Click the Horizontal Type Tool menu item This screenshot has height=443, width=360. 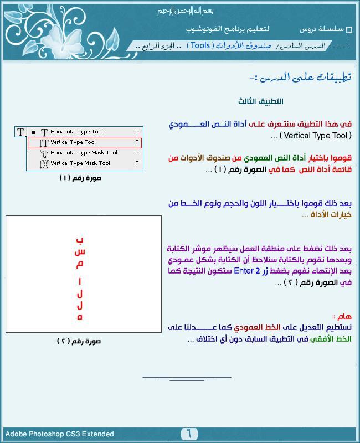[76, 132]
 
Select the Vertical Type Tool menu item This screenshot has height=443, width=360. [73, 142]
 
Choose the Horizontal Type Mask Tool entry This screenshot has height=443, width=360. [84, 153]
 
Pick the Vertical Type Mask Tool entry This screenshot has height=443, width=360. [80, 163]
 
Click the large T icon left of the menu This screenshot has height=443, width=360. [20, 132]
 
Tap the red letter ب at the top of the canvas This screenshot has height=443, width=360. [80, 240]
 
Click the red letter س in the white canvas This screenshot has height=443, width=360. [80, 253]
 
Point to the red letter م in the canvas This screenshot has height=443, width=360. [80, 265]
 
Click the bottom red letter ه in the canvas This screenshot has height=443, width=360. [80, 317]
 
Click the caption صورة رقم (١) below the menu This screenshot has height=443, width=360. [80, 178]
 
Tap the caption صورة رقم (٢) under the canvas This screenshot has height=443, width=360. [79, 341]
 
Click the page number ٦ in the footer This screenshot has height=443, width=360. [188, 434]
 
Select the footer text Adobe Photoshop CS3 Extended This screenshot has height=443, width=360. [60, 434]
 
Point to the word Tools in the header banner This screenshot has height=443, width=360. [200, 45]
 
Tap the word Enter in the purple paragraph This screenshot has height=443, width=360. [244, 271]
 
